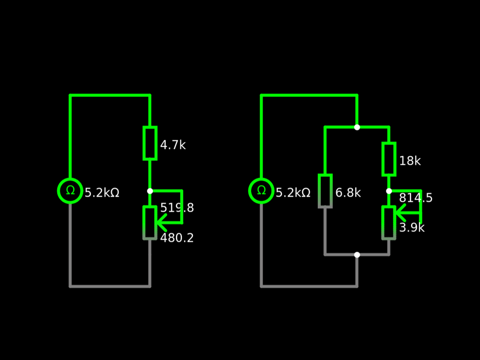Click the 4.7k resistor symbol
[x=150, y=143]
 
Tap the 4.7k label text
[x=172, y=145]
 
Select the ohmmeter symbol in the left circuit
[x=70, y=191]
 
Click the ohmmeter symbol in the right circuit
[x=261, y=191]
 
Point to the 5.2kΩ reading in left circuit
[x=102, y=193]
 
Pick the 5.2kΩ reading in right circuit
[x=293, y=193]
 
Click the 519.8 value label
[x=177, y=208]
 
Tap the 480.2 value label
[x=177, y=238]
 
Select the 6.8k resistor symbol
[x=325, y=191]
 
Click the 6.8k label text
[x=348, y=193]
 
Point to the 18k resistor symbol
[x=389, y=159]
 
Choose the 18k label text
[x=410, y=161]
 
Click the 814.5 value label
[x=416, y=198]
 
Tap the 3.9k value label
[x=412, y=228]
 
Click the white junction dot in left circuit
[x=150, y=191]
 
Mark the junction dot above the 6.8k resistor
[x=357, y=127]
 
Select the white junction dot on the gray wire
[x=357, y=255]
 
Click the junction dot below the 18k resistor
[x=389, y=191]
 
